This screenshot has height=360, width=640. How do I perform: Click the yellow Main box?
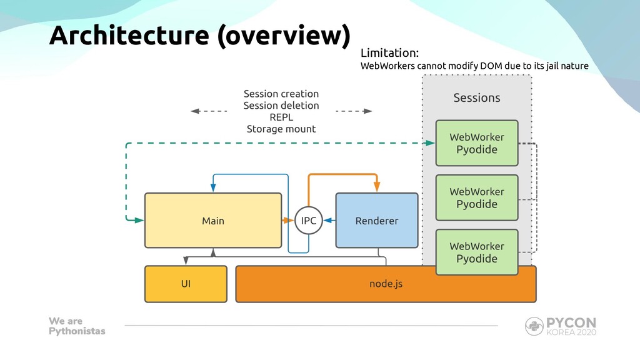click(x=213, y=221)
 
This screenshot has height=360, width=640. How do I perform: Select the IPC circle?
click(x=309, y=221)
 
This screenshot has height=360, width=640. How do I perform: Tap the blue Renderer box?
click(x=377, y=221)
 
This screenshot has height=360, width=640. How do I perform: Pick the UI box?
click(x=186, y=284)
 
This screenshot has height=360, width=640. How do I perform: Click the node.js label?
click(x=386, y=284)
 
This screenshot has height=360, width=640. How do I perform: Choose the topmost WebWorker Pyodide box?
click(x=477, y=143)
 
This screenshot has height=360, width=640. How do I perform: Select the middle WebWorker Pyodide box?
click(x=477, y=197)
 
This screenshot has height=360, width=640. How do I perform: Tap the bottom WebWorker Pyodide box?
click(x=477, y=252)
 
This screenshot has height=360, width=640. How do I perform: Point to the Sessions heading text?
click(x=477, y=98)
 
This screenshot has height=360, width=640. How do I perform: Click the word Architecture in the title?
click(x=129, y=35)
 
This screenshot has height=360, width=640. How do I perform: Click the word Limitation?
click(x=389, y=53)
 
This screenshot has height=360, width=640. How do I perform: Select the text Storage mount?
click(x=281, y=129)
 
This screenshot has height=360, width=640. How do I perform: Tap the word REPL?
click(x=281, y=117)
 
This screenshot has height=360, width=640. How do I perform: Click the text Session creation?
click(x=281, y=94)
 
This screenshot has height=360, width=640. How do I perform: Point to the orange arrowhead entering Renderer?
click(x=377, y=186)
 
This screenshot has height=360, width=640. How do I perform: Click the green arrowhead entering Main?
click(x=139, y=221)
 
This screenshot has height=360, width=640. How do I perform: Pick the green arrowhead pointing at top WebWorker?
click(x=430, y=143)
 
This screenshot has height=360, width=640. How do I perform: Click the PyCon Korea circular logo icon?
click(x=534, y=326)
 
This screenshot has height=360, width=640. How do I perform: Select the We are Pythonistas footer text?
click(x=77, y=326)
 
